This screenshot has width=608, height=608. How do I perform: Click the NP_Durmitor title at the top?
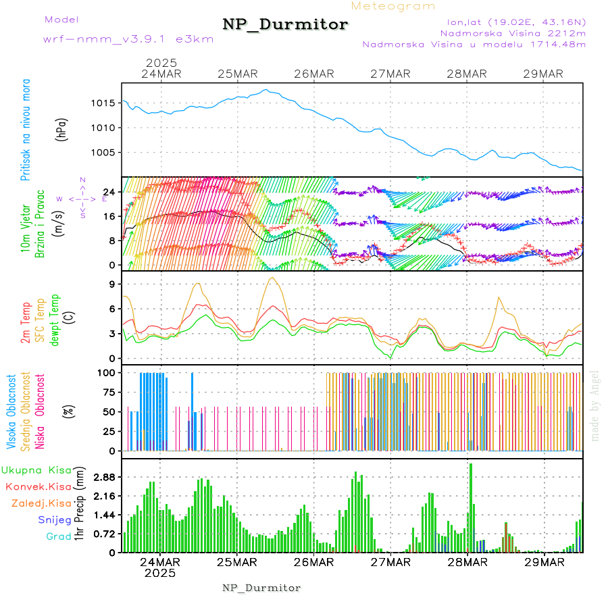pyautogui.click(x=285, y=25)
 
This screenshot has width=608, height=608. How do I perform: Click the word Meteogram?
pyautogui.click(x=394, y=6)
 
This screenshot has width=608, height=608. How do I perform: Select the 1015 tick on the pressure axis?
pyautogui.click(x=104, y=103)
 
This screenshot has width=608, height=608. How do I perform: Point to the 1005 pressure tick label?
pyautogui.click(x=104, y=152)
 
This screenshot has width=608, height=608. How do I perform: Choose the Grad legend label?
pyautogui.click(x=59, y=536)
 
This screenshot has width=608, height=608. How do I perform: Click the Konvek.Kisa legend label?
pyautogui.click(x=39, y=486)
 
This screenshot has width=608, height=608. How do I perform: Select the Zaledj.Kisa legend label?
pyautogui.click(x=42, y=503)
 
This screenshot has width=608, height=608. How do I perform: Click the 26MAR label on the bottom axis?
pyautogui.click(x=314, y=561)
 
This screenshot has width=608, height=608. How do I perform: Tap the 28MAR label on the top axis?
pyautogui.click(x=467, y=74)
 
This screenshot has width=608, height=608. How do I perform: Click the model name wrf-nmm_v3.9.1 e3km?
pyautogui.click(x=128, y=39)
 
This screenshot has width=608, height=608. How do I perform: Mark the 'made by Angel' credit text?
pyautogui.click(x=595, y=405)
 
